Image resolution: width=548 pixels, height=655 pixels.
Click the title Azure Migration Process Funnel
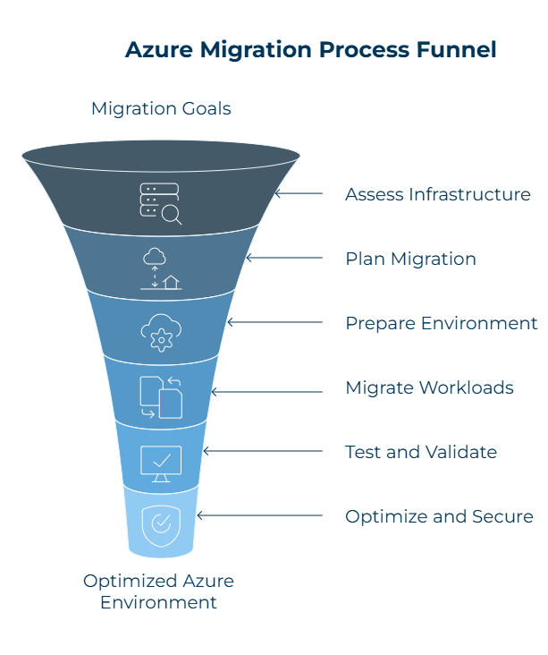tap(310, 49)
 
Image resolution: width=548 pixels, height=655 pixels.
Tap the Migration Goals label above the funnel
tap(161, 109)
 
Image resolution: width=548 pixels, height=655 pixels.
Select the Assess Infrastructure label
tap(437, 194)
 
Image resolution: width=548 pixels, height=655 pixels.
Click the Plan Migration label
tap(410, 259)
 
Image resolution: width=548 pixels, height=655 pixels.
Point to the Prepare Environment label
tap(441, 323)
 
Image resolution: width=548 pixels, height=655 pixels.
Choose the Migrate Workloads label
tap(429, 387)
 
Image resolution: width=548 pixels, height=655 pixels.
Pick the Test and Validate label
tap(420, 452)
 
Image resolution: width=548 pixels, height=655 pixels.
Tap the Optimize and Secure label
tap(439, 516)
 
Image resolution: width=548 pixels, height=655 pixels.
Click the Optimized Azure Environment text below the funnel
tap(158, 591)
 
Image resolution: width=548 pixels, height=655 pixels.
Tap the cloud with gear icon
tap(161, 332)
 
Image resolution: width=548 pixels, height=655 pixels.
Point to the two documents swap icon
tap(161, 397)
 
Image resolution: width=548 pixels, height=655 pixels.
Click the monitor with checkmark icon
tap(161, 463)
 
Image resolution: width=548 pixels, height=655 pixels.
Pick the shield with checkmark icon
tap(161, 523)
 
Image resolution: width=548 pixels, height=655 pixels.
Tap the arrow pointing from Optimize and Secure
tap(259, 515)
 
